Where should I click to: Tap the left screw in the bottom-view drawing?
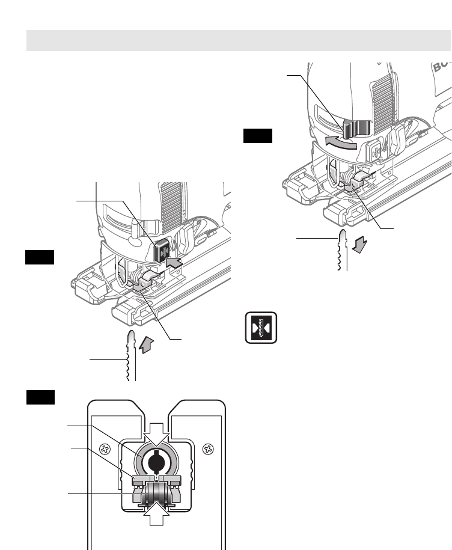click(104, 448)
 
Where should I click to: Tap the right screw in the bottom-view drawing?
click(207, 448)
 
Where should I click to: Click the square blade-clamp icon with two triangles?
click(260, 328)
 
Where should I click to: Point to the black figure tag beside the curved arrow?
click(257, 136)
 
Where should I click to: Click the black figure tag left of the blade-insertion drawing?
click(40, 258)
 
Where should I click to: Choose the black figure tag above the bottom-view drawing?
click(41, 397)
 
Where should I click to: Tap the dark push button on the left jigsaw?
click(162, 250)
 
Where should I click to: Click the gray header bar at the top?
click(239, 41)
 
